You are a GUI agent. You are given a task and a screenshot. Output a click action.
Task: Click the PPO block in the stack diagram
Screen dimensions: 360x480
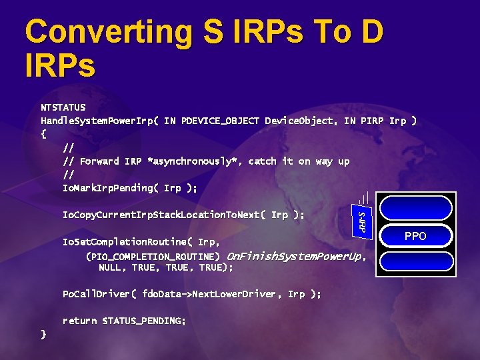pos(415,235)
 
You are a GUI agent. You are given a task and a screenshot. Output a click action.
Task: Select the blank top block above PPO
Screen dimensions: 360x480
pos(415,210)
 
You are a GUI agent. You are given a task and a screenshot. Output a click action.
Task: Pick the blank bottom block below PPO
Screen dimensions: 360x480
pos(415,261)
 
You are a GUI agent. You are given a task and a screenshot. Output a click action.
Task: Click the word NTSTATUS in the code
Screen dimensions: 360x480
pos(63,107)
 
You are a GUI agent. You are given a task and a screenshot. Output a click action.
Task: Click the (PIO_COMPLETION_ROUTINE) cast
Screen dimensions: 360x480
pos(153,256)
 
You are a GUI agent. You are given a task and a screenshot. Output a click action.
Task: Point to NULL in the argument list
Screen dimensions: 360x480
pos(111,267)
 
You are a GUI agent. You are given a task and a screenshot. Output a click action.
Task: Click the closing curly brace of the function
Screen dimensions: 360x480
pos(43,334)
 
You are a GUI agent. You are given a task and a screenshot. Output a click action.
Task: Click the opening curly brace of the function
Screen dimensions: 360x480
pos(43,134)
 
